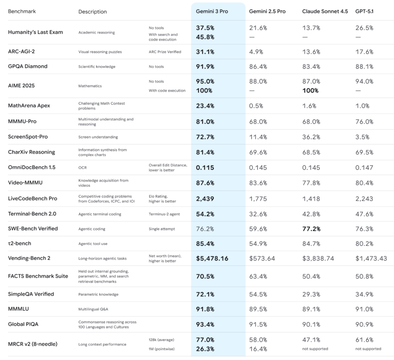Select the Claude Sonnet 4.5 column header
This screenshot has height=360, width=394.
click(x=325, y=12)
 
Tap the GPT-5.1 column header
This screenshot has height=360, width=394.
click(x=364, y=12)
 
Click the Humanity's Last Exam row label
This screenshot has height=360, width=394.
click(x=35, y=32)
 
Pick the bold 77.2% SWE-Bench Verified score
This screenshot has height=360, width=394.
click(x=311, y=229)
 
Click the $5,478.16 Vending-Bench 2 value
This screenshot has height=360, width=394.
click(x=212, y=258)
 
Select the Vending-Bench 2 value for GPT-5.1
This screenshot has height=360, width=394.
click(x=371, y=258)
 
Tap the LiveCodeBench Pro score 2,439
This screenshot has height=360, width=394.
click(x=205, y=199)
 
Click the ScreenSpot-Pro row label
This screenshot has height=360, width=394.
click(x=28, y=137)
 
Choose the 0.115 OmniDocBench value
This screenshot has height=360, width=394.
click(x=205, y=168)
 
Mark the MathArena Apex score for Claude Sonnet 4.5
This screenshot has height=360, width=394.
click(x=309, y=106)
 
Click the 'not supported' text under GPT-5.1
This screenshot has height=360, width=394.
click(x=368, y=349)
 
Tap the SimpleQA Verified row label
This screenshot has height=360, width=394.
click(x=31, y=294)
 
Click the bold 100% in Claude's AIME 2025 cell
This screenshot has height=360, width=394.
click(x=311, y=90)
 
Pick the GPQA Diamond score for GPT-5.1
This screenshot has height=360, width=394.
click(x=364, y=66)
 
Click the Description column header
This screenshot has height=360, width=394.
click(x=93, y=12)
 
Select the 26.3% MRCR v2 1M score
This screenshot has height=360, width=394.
click(x=205, y=349)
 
